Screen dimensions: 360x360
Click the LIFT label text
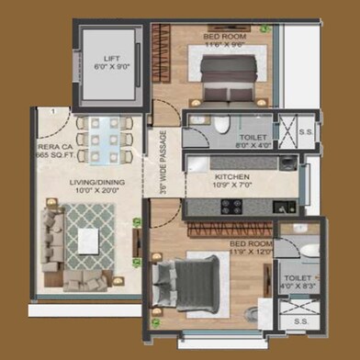112,59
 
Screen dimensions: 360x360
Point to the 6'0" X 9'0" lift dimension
112,67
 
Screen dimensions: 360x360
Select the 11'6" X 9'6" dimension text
224,43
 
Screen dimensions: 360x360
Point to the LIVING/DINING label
96,183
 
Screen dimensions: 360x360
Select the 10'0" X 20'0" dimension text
96,192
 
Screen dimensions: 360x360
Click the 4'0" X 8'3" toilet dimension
298,286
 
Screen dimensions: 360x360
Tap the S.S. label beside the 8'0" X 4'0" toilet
306,131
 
